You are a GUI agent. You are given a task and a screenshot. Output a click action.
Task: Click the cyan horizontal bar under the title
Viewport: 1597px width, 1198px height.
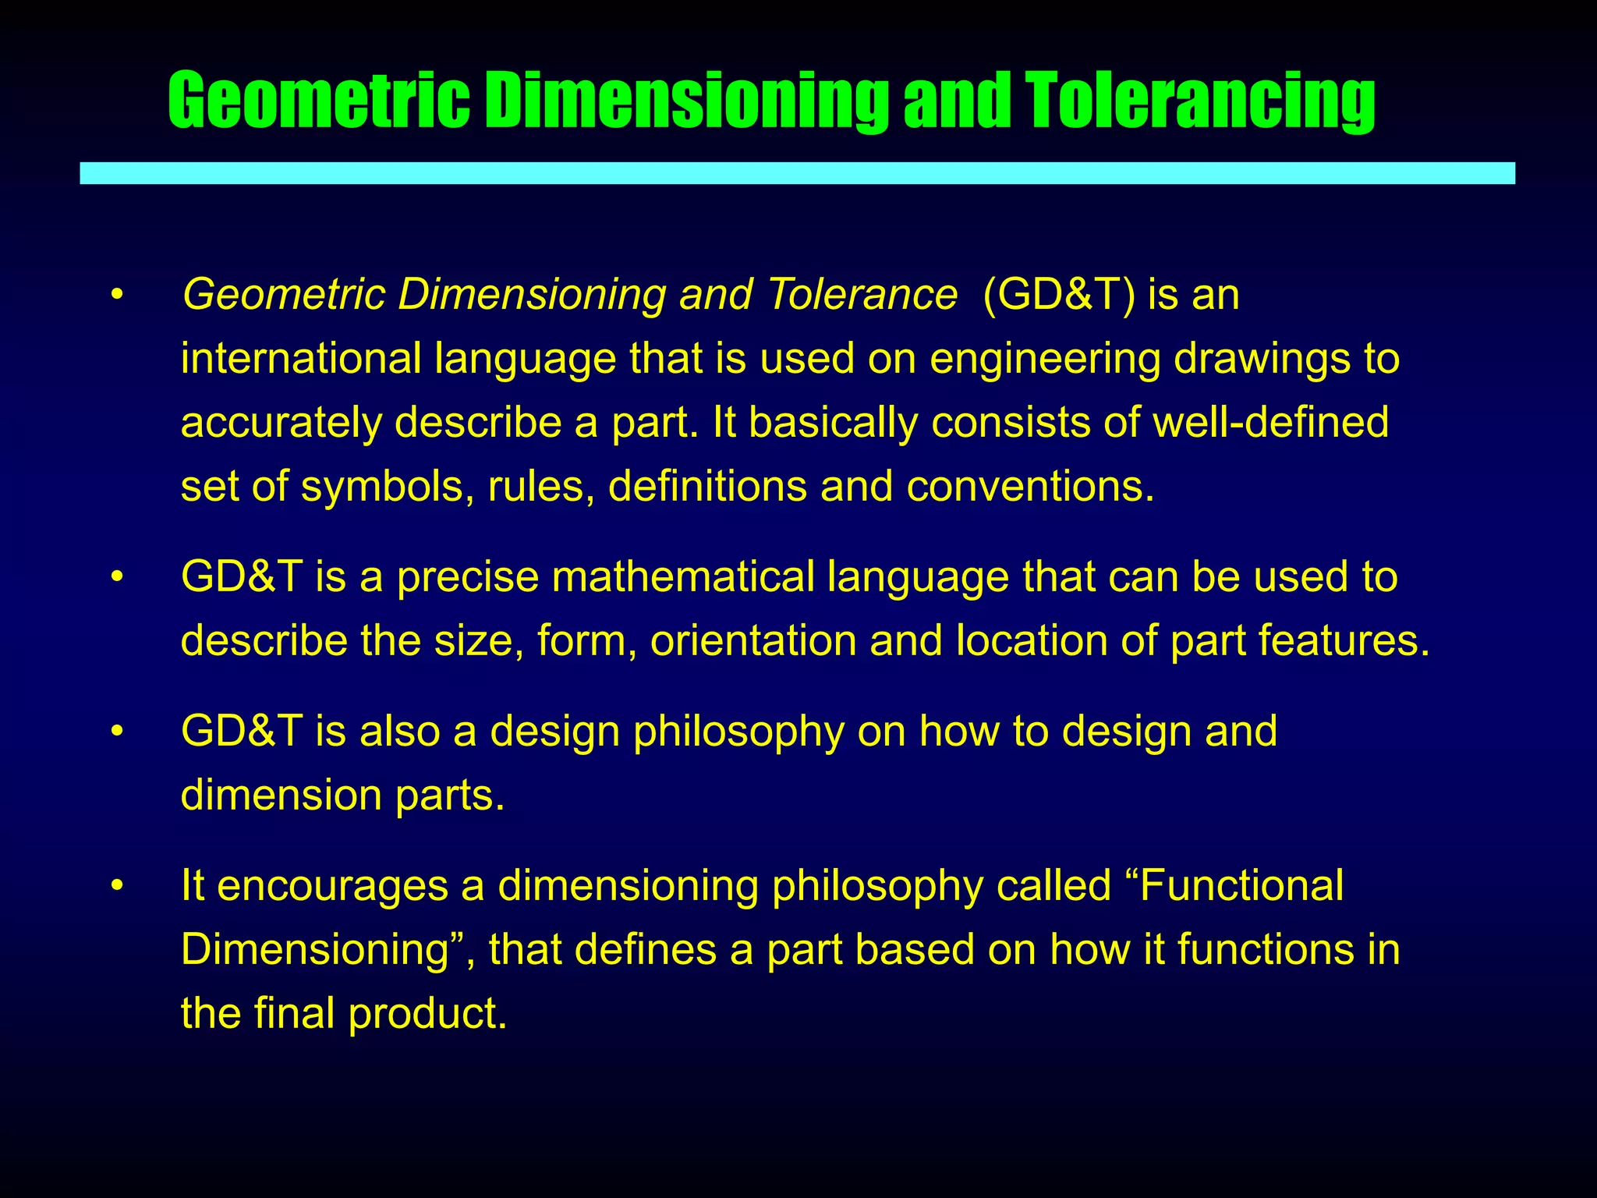click(797, 173)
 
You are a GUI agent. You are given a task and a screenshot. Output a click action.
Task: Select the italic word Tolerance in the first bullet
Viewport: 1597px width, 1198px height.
click(862, 295)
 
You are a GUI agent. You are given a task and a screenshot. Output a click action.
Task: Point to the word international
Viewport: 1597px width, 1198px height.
click(301, 359)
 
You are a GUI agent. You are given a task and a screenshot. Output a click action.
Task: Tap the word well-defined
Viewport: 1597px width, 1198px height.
click(1271, 422)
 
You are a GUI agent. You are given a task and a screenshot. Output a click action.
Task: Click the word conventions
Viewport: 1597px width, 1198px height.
click(1029, 487)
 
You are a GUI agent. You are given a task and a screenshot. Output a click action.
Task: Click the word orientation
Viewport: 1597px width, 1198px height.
click(753, 641)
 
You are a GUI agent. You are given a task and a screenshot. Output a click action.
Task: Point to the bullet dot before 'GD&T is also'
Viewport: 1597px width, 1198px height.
click(117, 732)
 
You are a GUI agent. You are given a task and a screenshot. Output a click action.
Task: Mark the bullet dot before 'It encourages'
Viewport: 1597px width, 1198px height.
click(117, 886)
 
